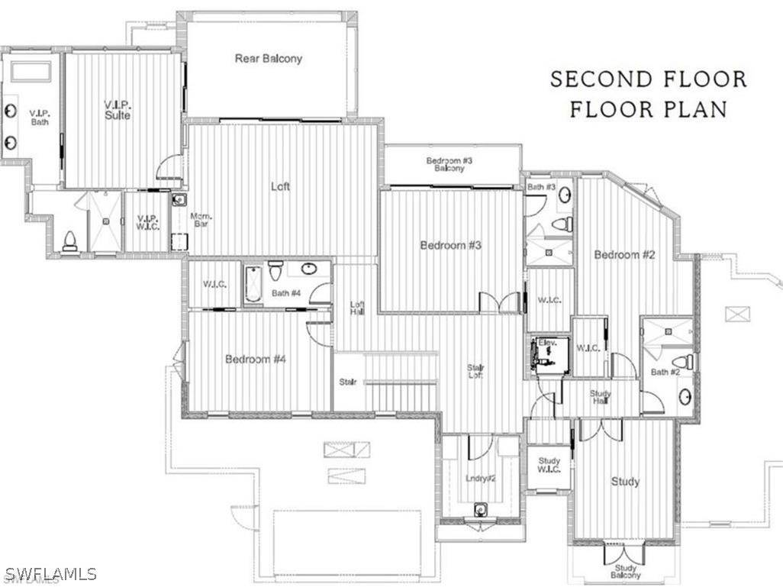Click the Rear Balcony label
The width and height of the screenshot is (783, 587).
268,58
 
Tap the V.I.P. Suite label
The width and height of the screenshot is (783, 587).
118,110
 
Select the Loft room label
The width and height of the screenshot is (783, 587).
280,185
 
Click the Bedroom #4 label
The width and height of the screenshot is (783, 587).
255,359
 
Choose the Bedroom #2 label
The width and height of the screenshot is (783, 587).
624,255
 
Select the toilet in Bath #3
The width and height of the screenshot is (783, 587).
562,224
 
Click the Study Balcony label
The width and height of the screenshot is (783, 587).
625,571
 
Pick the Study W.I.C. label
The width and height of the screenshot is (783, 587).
549,465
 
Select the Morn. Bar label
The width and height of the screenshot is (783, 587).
200,219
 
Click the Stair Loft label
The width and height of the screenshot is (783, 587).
475,371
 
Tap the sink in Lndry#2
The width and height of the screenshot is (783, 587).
480,509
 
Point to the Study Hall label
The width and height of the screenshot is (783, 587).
601,397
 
